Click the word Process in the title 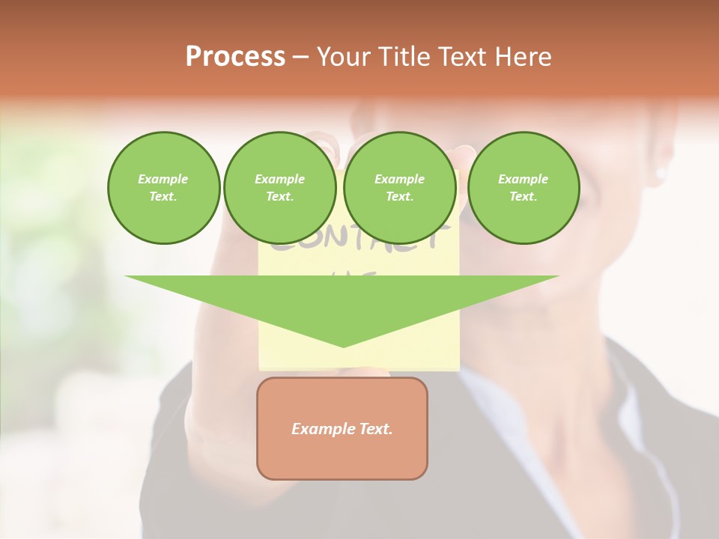pyautogui.click(x=235, y=57)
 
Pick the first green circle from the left pyautogui.click(x=163, y=188)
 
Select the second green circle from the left pyautogui.click(x=280, y=188)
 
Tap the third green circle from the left pyautogui.click(x=399, y=188)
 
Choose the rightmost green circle pyautogui.click(x=523, y=188)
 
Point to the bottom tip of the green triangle pyautogui.click(x=343, y=347)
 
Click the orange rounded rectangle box pyautogui.click(x=342, y=428)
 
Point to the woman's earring pyautogui.click(x=661, y=174)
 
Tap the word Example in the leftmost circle pyautogui.click(x=163, y=179)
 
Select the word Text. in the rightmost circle pyautogui.click(x=523, y=197)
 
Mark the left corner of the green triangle pyautogui.click(x=126, y=277)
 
